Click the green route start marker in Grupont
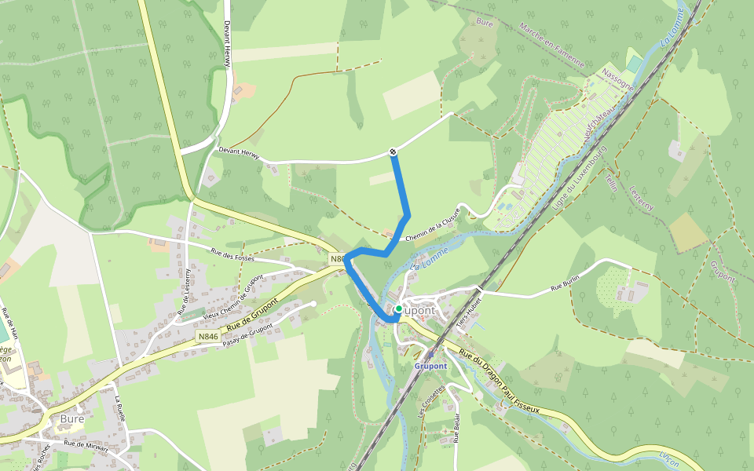(x=398, y=309)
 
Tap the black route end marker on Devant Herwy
(x=393, y=152)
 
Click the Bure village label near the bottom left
(x=71, y=418)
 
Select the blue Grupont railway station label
(x=430, y=366)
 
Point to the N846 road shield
(x=208, y=337)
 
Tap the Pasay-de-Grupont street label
(x=251, y=334)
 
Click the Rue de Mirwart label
(x=85, y=444)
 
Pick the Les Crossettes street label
(x=430, y=402)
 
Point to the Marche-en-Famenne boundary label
(x=551, y=44)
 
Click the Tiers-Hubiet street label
(x=473, y=310)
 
